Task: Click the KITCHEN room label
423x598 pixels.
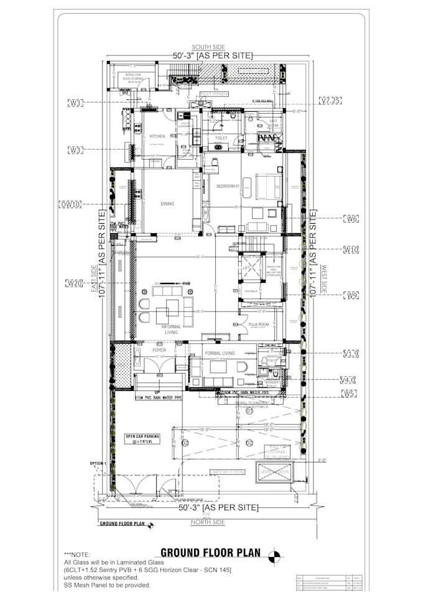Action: tap(157, 136)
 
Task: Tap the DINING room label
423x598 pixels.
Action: tap(167, 203)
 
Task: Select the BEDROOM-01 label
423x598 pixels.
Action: tap(228, 186)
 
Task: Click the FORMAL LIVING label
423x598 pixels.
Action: tap(220, 353)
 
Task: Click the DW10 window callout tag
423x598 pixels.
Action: tap(71, 203)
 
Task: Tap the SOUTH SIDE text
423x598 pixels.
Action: tap(208, 47)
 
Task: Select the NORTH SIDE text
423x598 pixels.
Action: tap(208, 522)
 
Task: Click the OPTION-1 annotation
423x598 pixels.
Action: tap(98, 463)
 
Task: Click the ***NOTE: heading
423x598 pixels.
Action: tap(77, 554)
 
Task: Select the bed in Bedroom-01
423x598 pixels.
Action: tap(269, 186)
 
